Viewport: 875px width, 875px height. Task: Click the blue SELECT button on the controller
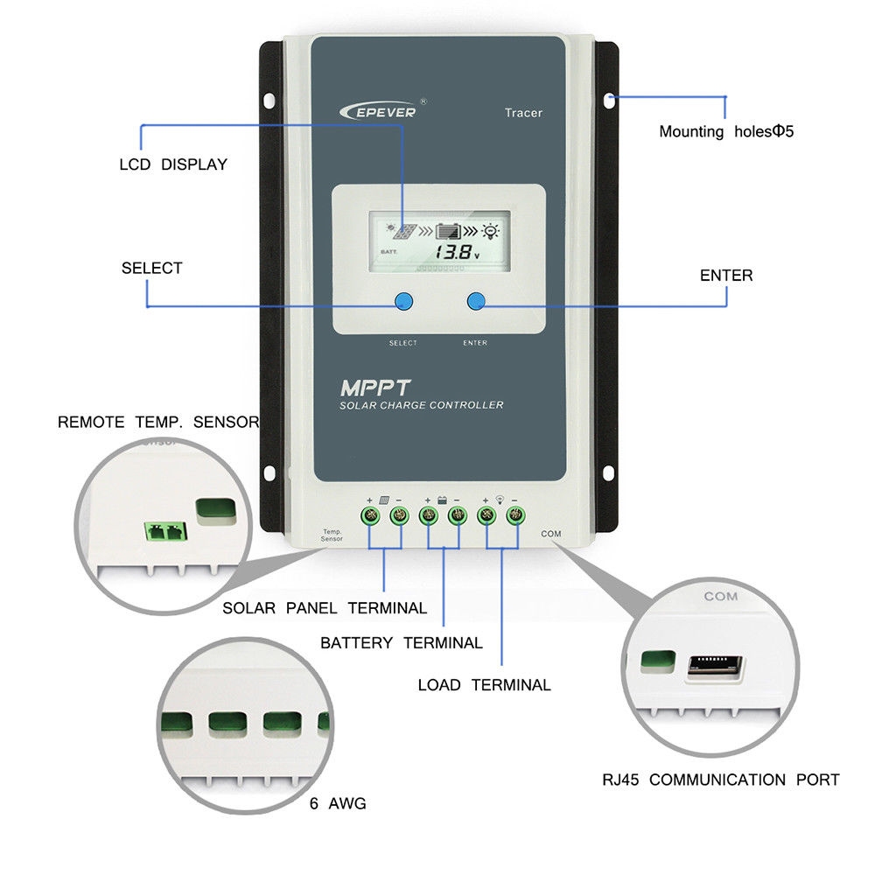coord(402,302)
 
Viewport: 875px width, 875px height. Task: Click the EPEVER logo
coord(378,110)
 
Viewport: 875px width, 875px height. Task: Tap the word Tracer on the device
coord(523,113)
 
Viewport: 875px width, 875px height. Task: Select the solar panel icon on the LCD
coord(403,232)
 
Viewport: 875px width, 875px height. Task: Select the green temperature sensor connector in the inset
coord(164,530)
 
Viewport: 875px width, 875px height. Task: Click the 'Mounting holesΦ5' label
coord(725,132)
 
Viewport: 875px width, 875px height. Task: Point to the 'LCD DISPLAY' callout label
coord(172,164)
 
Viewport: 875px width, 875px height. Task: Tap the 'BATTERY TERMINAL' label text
coord(401,643)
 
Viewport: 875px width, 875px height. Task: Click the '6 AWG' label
coord(338,803)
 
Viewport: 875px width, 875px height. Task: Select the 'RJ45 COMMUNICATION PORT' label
coord(720,780)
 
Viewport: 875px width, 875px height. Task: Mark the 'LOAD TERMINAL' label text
coord(484,685)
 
